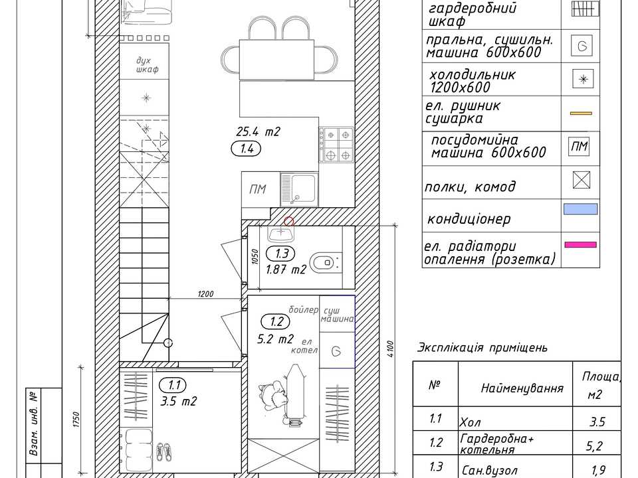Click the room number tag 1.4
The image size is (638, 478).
point(246,149)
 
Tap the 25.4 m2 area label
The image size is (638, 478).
point(258,131)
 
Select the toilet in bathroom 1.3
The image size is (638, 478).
point(326,262)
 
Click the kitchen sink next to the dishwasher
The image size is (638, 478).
point(300,189)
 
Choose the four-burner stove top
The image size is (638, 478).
point(336,144)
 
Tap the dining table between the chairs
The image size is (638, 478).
point(276,59)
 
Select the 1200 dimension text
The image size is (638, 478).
point(205,293)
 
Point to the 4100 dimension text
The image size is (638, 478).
point(391,349)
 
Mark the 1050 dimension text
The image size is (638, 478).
point(255,257)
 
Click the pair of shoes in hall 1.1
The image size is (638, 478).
point(164,450)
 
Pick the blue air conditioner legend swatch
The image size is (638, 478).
point(580,209)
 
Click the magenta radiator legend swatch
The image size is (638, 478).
point(580,245)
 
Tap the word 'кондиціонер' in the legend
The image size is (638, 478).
point(469,219)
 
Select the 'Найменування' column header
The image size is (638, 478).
point(522,388)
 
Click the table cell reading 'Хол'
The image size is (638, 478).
point(470,422)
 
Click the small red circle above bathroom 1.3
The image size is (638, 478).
point(288,222)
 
